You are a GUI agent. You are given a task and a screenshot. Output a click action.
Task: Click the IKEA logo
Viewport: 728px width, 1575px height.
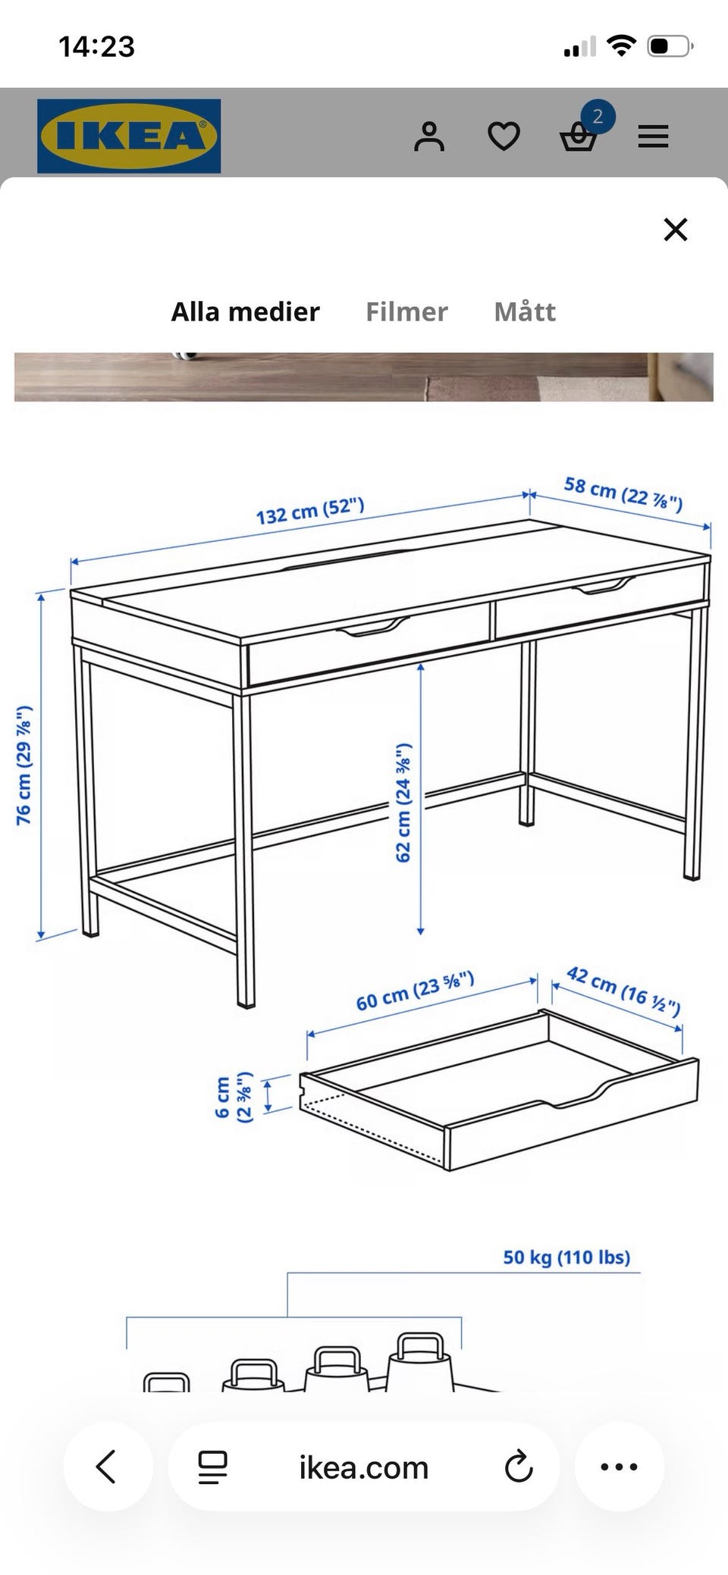pos(129,136)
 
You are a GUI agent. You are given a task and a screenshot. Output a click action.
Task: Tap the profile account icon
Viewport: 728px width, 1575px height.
pos(429,136)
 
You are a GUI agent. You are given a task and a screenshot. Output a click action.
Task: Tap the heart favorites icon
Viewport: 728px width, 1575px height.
pos(504,136)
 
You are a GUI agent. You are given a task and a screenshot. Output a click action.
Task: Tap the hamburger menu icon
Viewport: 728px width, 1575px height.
pos(653,136)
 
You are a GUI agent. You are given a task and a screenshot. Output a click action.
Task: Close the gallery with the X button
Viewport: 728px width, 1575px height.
pos(675,229)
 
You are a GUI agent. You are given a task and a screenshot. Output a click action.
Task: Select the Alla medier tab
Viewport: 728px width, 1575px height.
pos(245,312)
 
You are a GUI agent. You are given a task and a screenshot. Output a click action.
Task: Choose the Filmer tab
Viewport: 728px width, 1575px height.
pos(406,312)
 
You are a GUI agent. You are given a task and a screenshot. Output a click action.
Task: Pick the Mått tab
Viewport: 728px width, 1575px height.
pos(525,311)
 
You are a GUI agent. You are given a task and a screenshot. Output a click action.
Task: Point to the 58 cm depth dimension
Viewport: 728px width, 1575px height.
pos(623,493)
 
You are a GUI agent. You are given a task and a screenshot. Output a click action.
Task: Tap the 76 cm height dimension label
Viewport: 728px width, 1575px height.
pos(24,765)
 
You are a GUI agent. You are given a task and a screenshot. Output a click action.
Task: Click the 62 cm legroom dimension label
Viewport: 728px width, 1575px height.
pos(403,802)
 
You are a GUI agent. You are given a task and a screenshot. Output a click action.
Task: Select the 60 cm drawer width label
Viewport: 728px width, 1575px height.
pos(416,991)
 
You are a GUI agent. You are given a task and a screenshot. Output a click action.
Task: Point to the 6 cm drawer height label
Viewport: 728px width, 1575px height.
pos(233,1097)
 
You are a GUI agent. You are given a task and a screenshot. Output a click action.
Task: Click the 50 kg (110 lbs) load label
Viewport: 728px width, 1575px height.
pos(566,1257)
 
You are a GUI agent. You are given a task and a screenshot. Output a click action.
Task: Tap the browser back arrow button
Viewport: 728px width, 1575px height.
pos(107,1467)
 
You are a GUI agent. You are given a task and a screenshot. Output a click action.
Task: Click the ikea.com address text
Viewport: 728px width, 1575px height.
pos(364,1468)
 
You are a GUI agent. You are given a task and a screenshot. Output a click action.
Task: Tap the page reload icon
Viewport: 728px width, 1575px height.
pos(519,1467)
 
